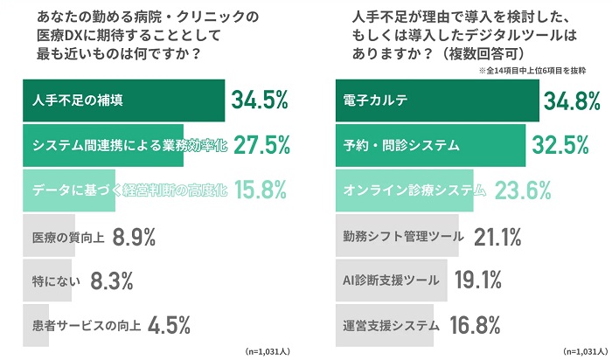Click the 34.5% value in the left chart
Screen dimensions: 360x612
[x=260, y=100]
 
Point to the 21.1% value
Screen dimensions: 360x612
[x=497, y=236]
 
